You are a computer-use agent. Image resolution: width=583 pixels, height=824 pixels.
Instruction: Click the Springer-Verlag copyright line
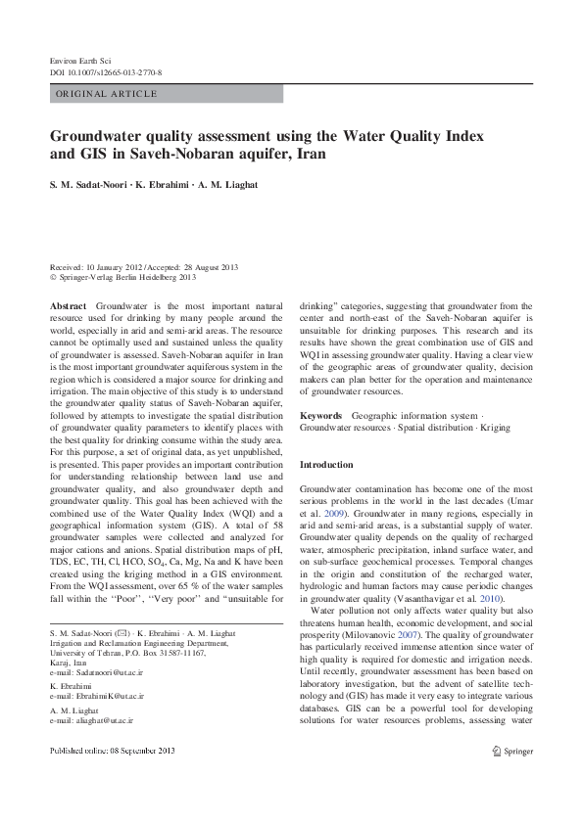tap(122, 277)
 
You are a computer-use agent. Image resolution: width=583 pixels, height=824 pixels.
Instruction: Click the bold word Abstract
tap(68, 306)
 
